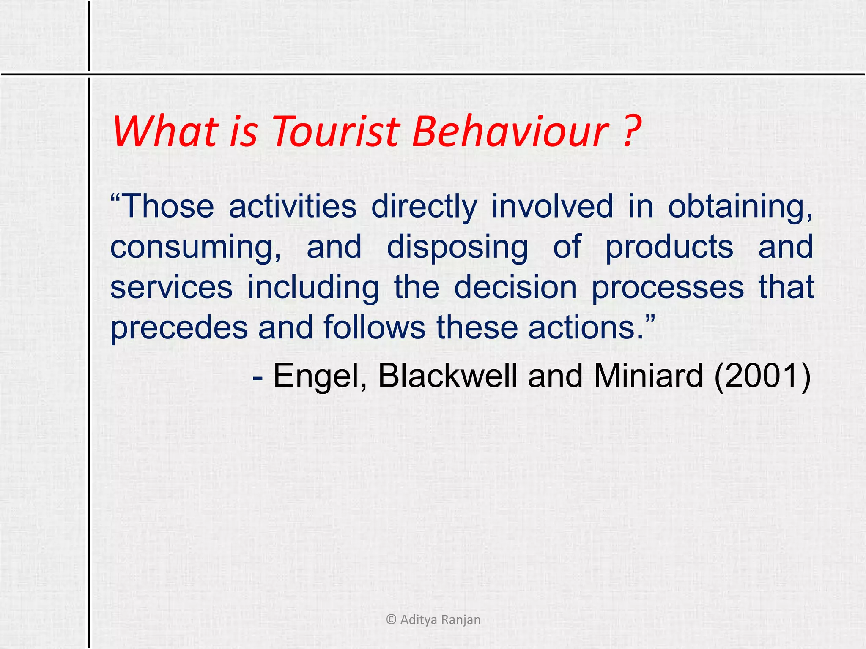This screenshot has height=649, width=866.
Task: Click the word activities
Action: click(x=293, y=207)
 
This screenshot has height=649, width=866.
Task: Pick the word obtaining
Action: click(x=740, y=207)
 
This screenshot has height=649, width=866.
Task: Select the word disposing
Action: click(x=457, y=248)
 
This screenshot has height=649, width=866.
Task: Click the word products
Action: click(x=669, y=248)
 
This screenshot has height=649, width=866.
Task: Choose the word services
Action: click(x=171, y=287)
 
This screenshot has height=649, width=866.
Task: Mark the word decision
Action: click(x=515, y=287)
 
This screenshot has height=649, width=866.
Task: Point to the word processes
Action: click(x=667, y=287)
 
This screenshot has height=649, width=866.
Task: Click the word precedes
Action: click(x=179, y=328)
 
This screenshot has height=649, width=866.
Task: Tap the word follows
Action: click(x=374, y=327)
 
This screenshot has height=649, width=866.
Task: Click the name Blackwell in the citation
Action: click(x=447, y=376)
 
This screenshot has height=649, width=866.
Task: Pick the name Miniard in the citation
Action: click(x=648, y=376)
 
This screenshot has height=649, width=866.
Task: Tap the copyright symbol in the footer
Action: click(x=391, y=620)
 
